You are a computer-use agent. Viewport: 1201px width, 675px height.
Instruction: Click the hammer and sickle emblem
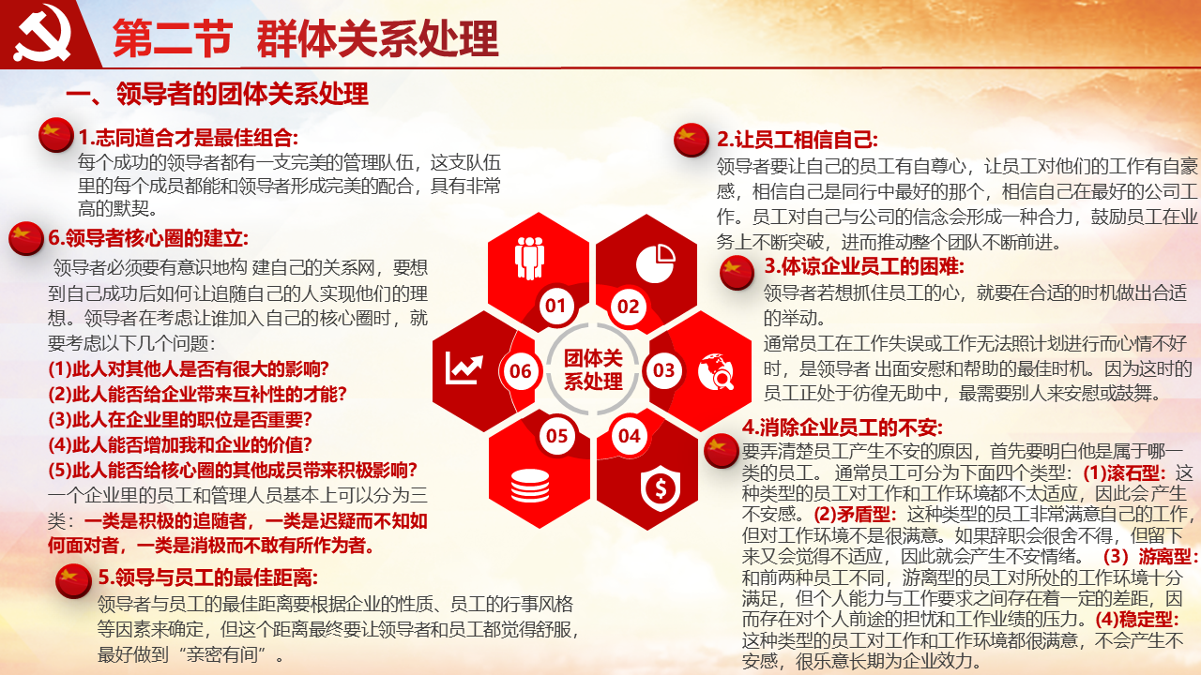(42, 34)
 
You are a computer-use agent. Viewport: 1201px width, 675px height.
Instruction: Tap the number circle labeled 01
(556, 306)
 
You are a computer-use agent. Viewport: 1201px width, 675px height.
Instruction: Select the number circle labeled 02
(629, 307)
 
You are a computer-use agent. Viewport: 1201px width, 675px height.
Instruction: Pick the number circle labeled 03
(663, 370)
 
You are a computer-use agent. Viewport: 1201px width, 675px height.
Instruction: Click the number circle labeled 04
(630, 436)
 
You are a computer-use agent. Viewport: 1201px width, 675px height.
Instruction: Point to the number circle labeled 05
(557, 436)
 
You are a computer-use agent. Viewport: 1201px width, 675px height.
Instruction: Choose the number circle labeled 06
(520, 370)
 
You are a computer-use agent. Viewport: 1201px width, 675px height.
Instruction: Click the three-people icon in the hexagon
(529, 258)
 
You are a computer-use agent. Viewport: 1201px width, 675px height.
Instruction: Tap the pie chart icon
(656, 263)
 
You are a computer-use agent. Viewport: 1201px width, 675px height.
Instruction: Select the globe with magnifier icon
(716, 371)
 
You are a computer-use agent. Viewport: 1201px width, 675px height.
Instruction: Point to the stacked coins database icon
(530, 486)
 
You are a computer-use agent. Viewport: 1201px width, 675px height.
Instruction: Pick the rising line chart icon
(464, 368)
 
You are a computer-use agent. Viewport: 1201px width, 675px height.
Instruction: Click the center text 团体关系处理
(593, 369)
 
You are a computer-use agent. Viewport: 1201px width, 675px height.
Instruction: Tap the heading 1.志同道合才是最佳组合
(189, 138)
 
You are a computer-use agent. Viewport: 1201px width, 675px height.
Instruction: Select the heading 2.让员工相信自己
(798, 140)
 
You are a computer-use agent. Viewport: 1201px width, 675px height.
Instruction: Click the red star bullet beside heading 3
(737, 273)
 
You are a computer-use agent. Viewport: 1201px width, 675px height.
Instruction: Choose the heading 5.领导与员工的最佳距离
(208, 577)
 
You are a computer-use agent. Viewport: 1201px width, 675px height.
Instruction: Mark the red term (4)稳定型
(1137, 620)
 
